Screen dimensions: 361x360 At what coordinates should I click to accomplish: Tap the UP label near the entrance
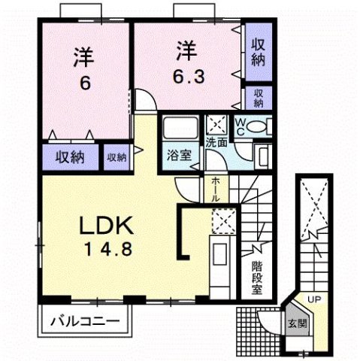[x=314, y=300]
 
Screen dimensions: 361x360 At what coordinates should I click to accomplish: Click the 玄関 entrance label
[x=297, y=325]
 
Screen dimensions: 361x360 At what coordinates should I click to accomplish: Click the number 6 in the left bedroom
[x=84, y=83]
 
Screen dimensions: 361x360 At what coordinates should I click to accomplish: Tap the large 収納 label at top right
[x=257, y=52]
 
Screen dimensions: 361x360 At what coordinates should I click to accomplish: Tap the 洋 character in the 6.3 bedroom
[x=186, y=51]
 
